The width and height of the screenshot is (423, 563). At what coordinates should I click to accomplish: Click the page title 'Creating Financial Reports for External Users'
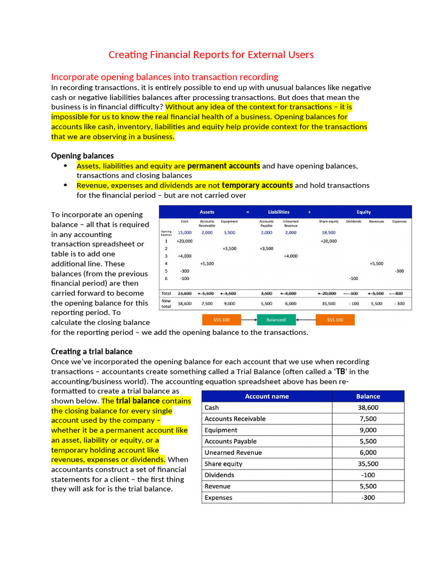(211, 54)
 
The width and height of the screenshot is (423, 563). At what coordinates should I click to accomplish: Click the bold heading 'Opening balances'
(83, 156)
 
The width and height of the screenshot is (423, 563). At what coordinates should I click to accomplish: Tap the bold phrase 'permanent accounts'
(224, 165)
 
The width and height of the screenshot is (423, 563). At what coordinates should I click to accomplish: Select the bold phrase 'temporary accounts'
(257, 185)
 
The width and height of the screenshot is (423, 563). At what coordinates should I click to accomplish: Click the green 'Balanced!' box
(280, 319)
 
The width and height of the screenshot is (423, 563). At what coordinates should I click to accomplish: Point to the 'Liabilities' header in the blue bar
(279, 212)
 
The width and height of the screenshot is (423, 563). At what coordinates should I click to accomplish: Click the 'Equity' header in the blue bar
(364, 212)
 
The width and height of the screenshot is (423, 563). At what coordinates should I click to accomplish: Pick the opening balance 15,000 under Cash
(185, 233)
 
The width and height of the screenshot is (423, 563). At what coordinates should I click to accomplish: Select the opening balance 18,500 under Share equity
(329, 233)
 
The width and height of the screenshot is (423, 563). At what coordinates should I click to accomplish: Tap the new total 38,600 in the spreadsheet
(185, 303)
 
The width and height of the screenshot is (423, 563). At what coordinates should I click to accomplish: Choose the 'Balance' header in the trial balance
(368, 396)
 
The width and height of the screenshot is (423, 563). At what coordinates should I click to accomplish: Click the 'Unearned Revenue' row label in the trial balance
(233, 452)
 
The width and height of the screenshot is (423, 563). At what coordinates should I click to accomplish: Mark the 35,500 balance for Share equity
(368, 464)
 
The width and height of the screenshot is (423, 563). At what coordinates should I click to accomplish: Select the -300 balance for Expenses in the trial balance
(368, 498)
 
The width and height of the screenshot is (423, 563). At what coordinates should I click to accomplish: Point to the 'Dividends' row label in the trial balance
(219, 475)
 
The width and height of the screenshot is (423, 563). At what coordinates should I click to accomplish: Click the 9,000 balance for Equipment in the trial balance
(368, 430)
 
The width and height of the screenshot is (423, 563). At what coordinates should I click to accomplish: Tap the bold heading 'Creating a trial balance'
(91, 351)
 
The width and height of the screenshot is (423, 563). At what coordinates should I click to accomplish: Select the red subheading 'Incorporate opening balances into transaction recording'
(165, 77)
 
